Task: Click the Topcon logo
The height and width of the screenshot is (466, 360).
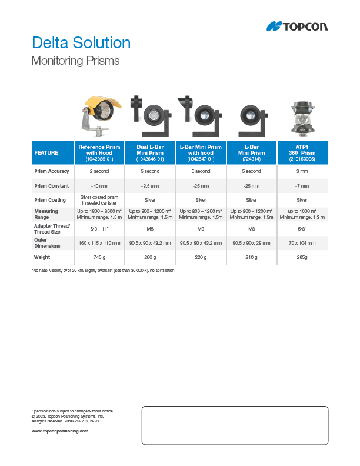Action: click(x=297, y=26)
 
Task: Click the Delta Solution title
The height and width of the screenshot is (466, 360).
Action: click(x=81, y=43)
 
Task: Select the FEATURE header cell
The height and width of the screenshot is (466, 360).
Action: click(x=46, y=153)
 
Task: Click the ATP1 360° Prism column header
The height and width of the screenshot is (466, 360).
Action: click(x=302, y=153)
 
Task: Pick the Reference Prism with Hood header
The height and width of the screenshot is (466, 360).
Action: click(x=99, y=153)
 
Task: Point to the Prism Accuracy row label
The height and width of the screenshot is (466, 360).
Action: click(x=52, y=171)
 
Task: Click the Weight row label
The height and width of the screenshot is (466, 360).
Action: click(x=42, y=257)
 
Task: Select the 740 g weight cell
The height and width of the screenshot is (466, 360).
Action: click(x=99, y=257)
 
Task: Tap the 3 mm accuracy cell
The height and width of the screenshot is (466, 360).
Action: click(x=302, y=171)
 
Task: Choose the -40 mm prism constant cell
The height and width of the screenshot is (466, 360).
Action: click(x=99, y=186)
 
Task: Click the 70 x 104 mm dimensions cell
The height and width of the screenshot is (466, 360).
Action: click(x=302, y=242)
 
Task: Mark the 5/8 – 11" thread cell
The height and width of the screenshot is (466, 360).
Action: click(x=99, y=228)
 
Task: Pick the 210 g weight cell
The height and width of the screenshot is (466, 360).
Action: click(x=252, y=257)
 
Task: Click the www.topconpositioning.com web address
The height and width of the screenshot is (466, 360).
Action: click(x=59, y=431)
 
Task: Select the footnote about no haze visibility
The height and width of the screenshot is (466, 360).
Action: click(x=103, y=270)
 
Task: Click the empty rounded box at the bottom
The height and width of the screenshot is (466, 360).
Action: click(x=235, y=425)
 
